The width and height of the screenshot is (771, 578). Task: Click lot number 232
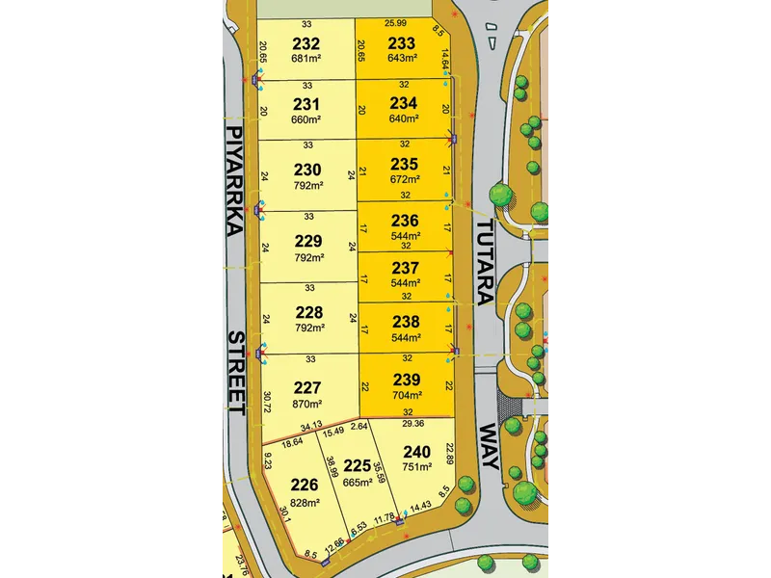pyautogui.click(x=306, y=43)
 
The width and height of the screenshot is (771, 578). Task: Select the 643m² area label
pyautogui.click(x=402, y=58)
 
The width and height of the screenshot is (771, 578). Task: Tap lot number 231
pyautogui.click(x=306, y=104)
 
